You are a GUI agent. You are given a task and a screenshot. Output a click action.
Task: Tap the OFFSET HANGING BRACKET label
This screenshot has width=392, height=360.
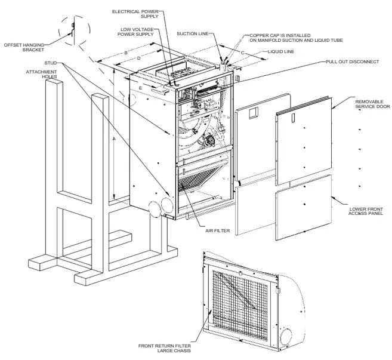pyautogui.click(x=25, y=47)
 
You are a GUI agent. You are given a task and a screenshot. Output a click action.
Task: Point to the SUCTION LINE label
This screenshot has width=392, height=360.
pyautogui.click(x=197, y=35)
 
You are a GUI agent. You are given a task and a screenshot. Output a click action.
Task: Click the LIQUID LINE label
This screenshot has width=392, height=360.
pyautogui.click(x=282, y=52)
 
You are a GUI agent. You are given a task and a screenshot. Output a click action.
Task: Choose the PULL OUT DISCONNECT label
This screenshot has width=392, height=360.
pyautogui.click(x=352, y=61)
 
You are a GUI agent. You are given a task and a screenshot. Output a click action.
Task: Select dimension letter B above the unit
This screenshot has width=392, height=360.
pyautogui.click(x=125, y=54)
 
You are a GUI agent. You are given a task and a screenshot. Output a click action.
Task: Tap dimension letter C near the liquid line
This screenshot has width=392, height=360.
pyautogui.click(x=243, y=53)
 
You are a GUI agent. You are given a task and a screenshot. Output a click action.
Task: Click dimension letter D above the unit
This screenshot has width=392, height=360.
pyautogui.click(x=138, y=59)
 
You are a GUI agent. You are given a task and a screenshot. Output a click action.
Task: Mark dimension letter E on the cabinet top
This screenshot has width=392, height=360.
pyautogui.click(x=140, y=88)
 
